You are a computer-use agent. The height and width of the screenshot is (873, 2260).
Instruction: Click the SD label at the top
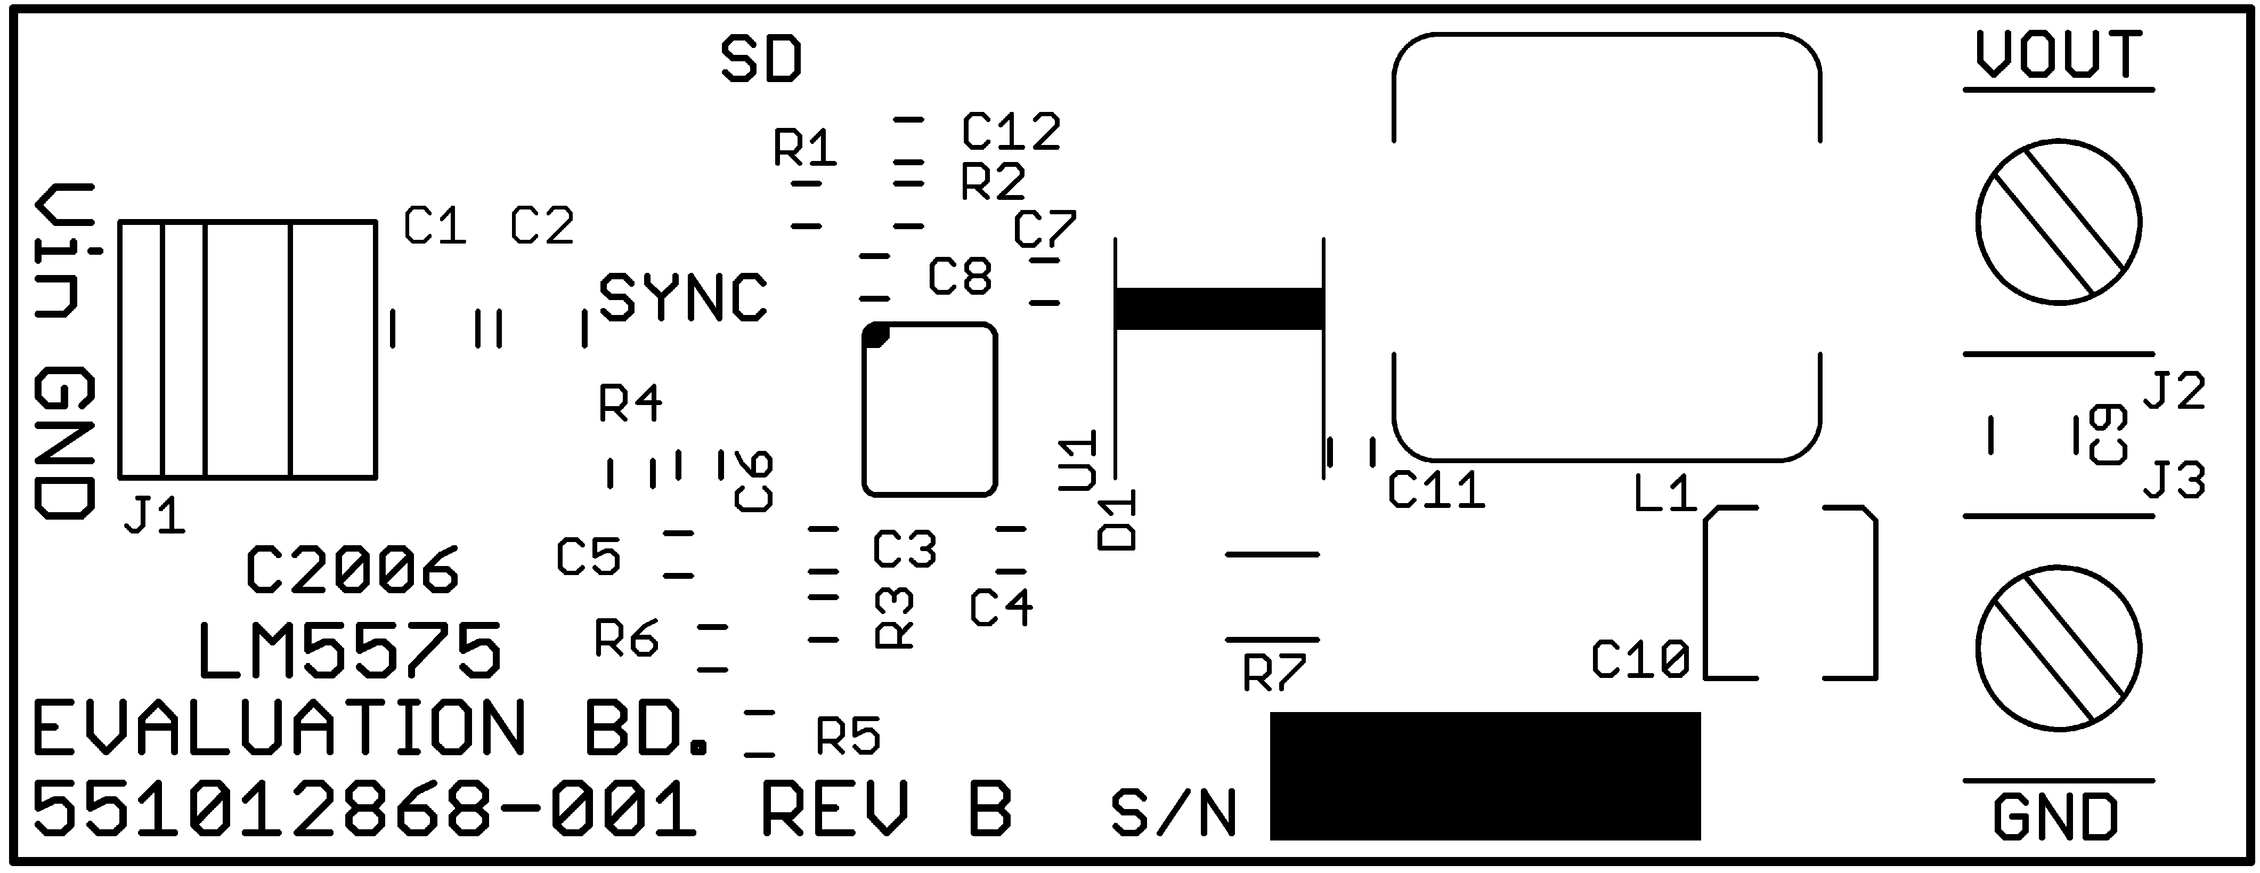pos(761,60)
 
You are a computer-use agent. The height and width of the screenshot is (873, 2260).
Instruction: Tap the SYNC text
pos(682,298)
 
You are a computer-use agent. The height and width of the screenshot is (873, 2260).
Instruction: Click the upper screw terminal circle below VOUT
pos(2058,222)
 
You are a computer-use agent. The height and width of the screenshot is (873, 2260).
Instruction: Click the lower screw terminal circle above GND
pos(2058,649)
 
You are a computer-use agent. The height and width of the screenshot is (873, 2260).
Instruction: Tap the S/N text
pos(1173,813)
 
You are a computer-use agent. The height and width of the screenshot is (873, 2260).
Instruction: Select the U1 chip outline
pos(930,410)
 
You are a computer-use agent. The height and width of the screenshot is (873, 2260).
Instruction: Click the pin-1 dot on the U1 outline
pos(875,335)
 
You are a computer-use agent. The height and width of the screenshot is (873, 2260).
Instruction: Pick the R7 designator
pos(1274,674)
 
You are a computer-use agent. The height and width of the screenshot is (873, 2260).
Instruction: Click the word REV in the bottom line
pos(833,809)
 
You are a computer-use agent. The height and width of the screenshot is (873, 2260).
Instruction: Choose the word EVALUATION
pos(279,728)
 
